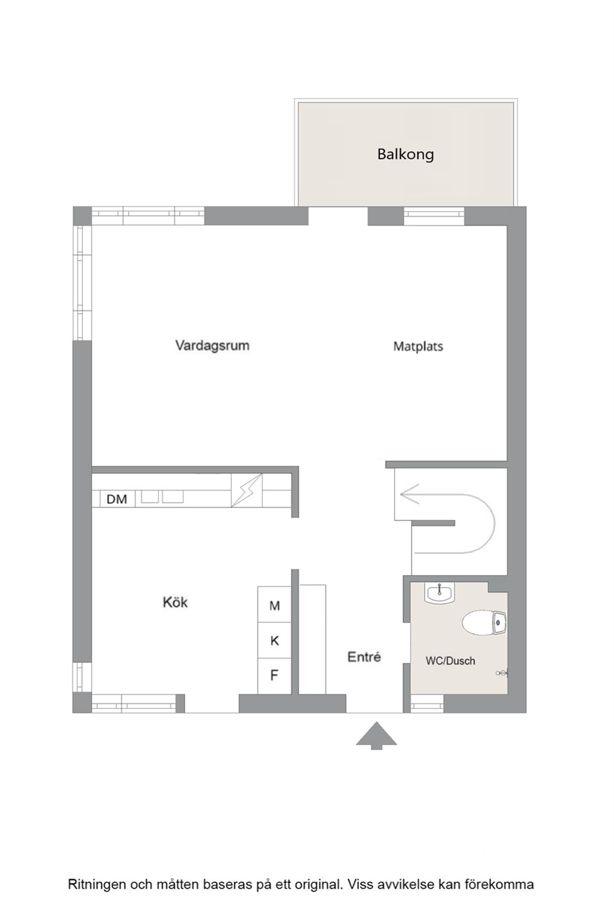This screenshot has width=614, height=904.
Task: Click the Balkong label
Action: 405,154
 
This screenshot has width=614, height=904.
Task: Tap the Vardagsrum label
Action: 212,345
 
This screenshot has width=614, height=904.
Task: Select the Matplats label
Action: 418,347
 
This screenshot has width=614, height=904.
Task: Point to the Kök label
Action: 175,602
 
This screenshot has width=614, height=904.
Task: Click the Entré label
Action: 364,656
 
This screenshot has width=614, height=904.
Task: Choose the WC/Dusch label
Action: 450,661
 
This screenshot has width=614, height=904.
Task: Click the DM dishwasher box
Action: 116,499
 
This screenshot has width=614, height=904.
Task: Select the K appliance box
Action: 274,640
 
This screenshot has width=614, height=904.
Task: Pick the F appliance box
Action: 274,676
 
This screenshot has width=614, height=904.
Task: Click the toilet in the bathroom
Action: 483,622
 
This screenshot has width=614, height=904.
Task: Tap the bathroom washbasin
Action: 439,592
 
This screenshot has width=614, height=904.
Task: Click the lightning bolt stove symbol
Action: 246,490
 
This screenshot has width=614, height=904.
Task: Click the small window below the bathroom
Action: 427,704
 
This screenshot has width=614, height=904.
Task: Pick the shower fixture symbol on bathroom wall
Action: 503,673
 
